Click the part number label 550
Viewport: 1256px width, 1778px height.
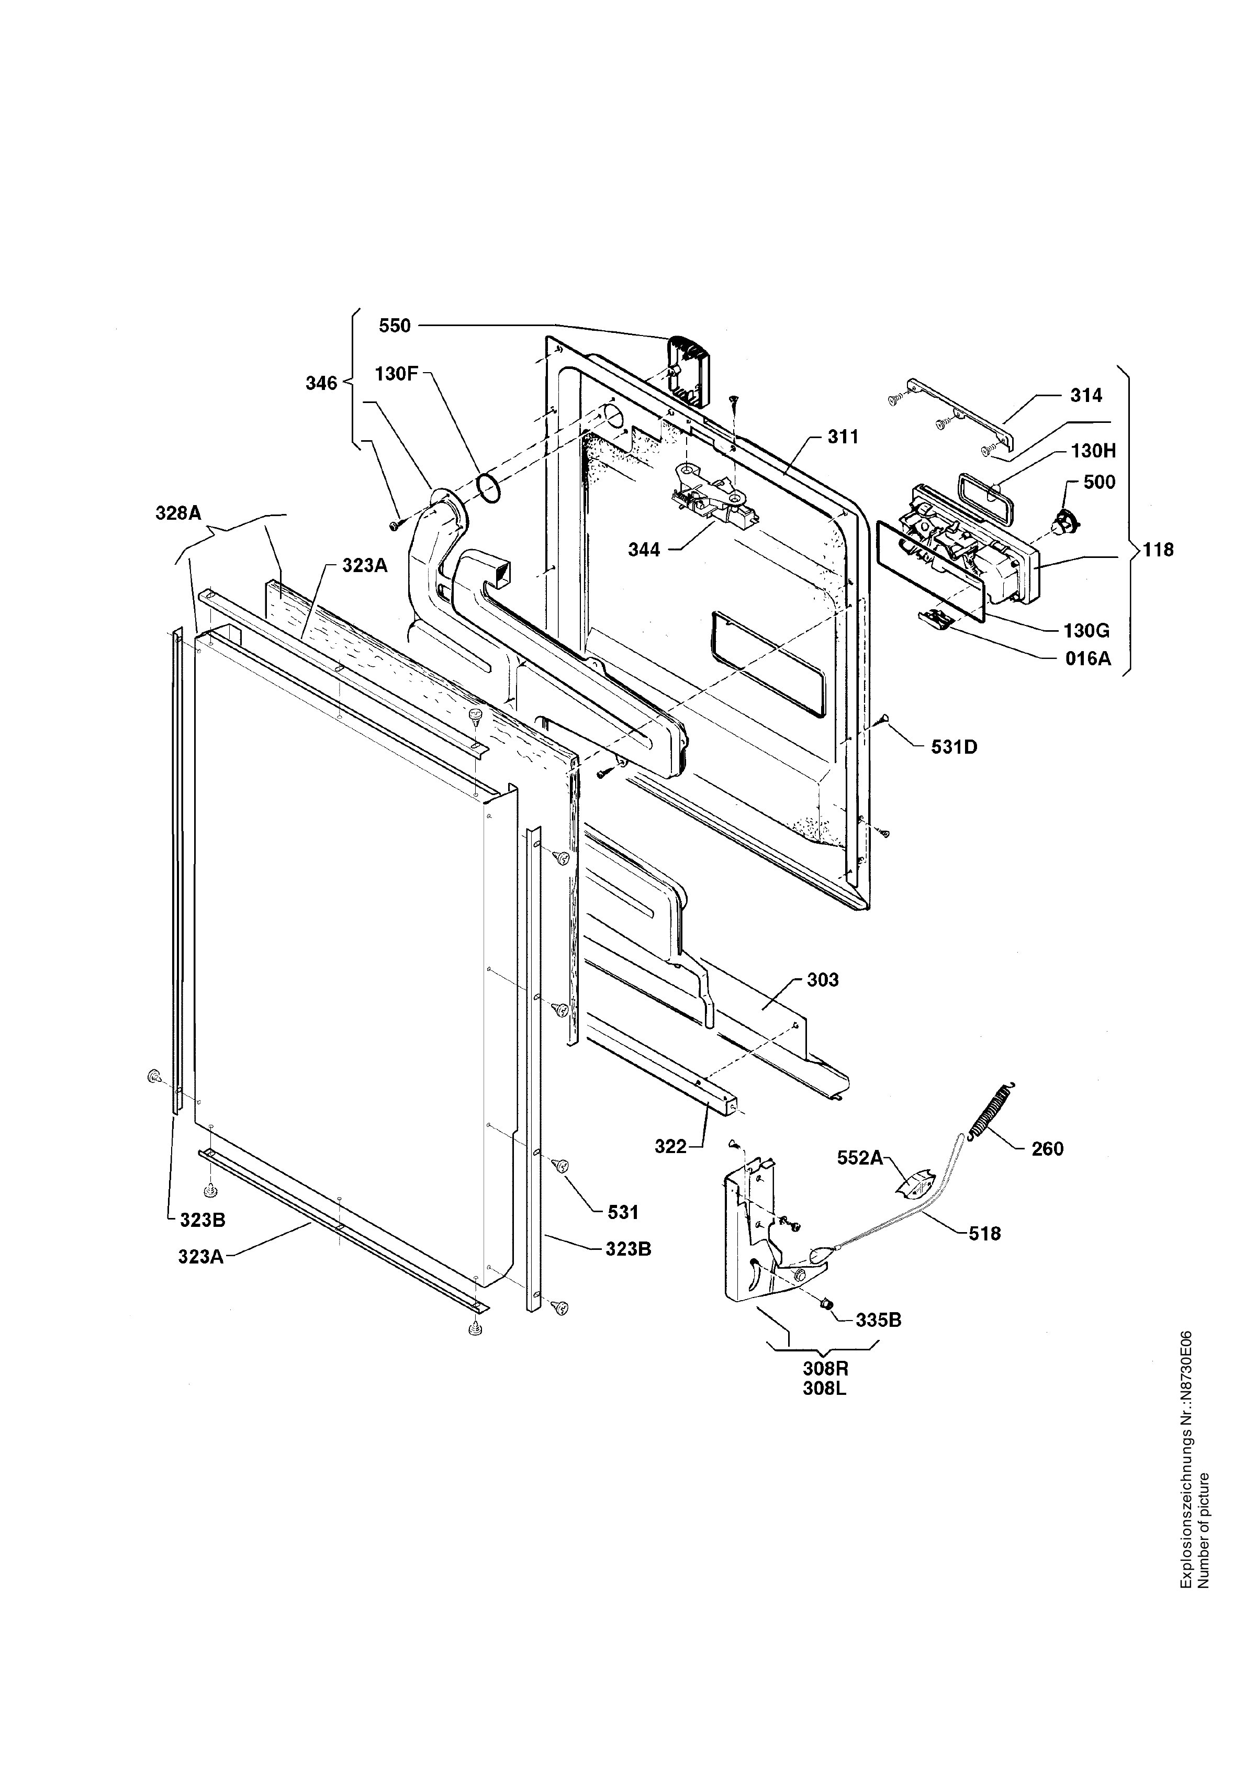pos(395,326)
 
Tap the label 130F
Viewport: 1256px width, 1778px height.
pos(397,374)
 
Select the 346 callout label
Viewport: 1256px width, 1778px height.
pos(321,383)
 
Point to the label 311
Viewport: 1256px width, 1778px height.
pos(843,438)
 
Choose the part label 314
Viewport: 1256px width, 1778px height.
pos(1086,396)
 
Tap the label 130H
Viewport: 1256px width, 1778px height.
pos(1094,451)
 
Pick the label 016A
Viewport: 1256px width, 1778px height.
pos(1088,659)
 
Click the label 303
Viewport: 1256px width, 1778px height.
pos(823,980)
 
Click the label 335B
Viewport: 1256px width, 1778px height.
pos(879,1321)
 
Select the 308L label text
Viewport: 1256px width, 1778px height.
pos(825,1389)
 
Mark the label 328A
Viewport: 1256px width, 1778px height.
pos(179,512)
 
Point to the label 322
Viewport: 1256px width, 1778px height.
pos(670,1147)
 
